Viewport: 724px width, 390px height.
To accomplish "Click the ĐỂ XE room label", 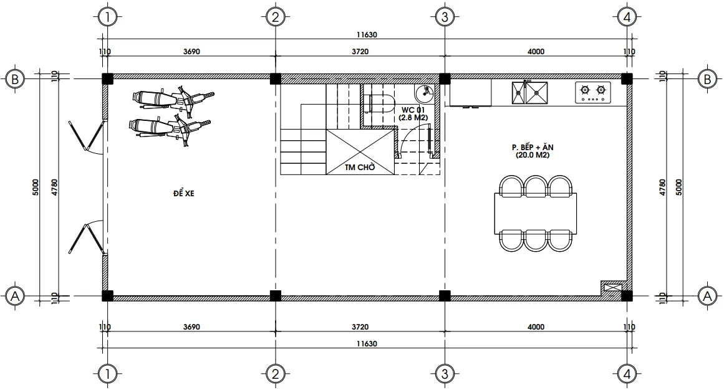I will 184,194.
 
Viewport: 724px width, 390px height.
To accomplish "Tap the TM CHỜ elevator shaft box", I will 359,153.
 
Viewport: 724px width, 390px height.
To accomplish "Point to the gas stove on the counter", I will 593,93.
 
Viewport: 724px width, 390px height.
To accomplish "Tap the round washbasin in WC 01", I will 425,93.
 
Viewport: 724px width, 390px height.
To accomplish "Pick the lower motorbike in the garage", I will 168,127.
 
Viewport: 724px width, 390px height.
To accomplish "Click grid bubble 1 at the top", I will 108,17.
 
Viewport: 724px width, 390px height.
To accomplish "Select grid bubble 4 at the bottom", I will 627,374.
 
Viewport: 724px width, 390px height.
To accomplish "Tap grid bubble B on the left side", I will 14,78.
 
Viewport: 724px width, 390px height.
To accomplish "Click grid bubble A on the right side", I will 707,297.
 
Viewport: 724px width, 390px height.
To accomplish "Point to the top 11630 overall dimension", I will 366,36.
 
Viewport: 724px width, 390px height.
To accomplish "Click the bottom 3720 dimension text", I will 360,326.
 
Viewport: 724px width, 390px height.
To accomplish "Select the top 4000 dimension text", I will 535,52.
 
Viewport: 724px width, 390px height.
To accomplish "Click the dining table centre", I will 535,212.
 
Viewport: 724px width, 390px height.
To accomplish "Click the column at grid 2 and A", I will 275,295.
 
